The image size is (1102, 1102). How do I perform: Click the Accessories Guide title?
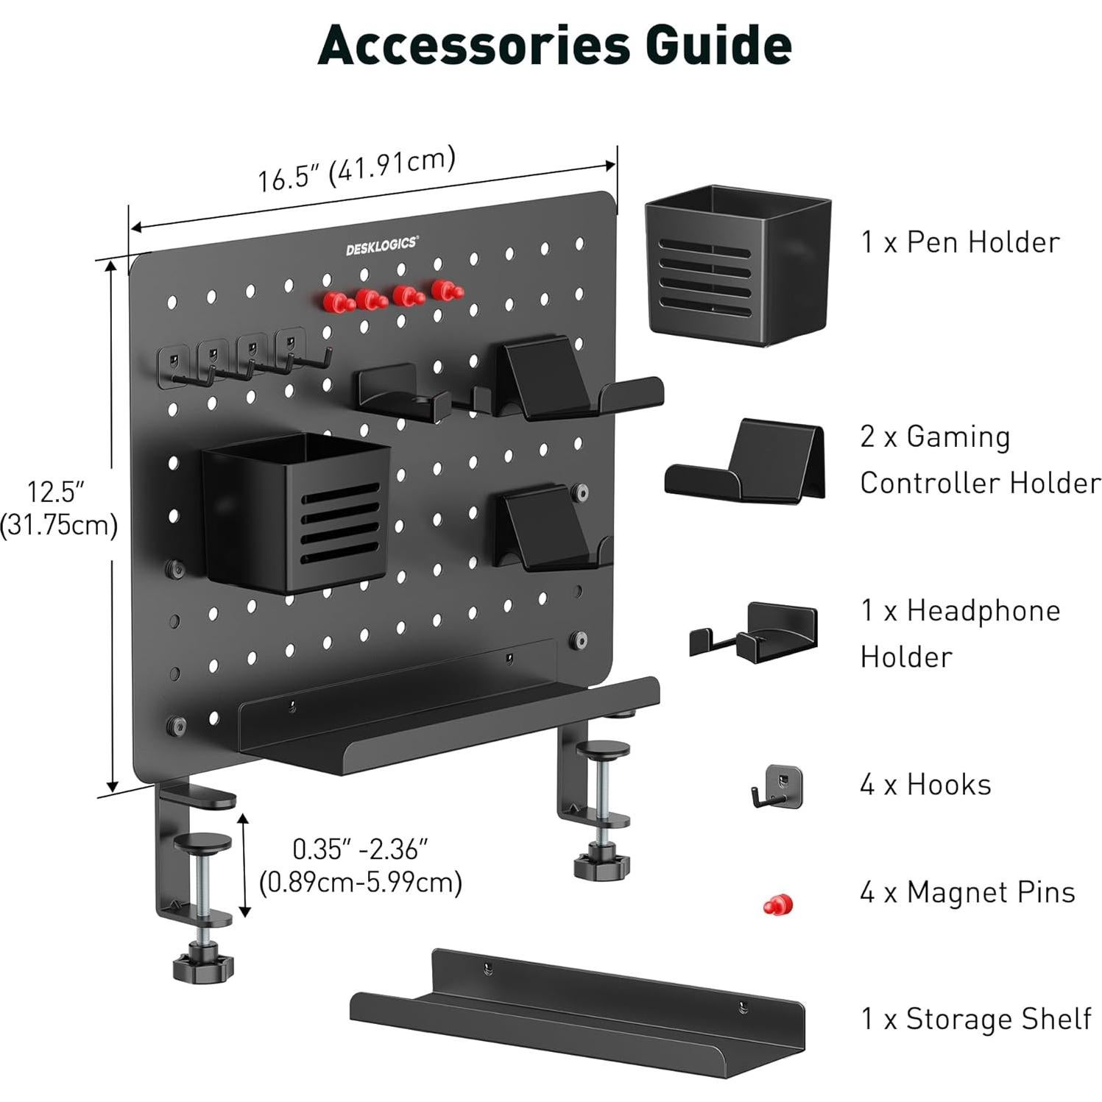[x=554, y=46]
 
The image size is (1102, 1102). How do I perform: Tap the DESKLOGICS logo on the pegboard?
[x=381, y=245]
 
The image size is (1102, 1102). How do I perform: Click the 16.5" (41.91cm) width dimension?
[x=356, y=170]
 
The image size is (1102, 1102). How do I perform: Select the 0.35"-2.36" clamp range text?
[x=360, y=865]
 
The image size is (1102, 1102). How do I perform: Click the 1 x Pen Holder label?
[x=960, y=242]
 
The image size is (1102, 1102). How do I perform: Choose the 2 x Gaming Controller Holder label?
[x=979, y=459]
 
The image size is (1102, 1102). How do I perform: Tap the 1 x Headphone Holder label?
[x=960, y=633]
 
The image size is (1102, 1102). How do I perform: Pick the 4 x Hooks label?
[x=925, y=785]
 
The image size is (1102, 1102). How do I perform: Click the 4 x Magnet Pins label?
[x=967, y=892]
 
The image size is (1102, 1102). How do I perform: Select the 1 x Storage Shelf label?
[x=975, y=1019]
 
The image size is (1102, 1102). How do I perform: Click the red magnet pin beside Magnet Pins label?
[x=778, y=904]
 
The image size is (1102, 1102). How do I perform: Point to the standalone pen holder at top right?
[x=738, y=265]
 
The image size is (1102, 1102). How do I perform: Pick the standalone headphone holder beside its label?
[x=754, y=630]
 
